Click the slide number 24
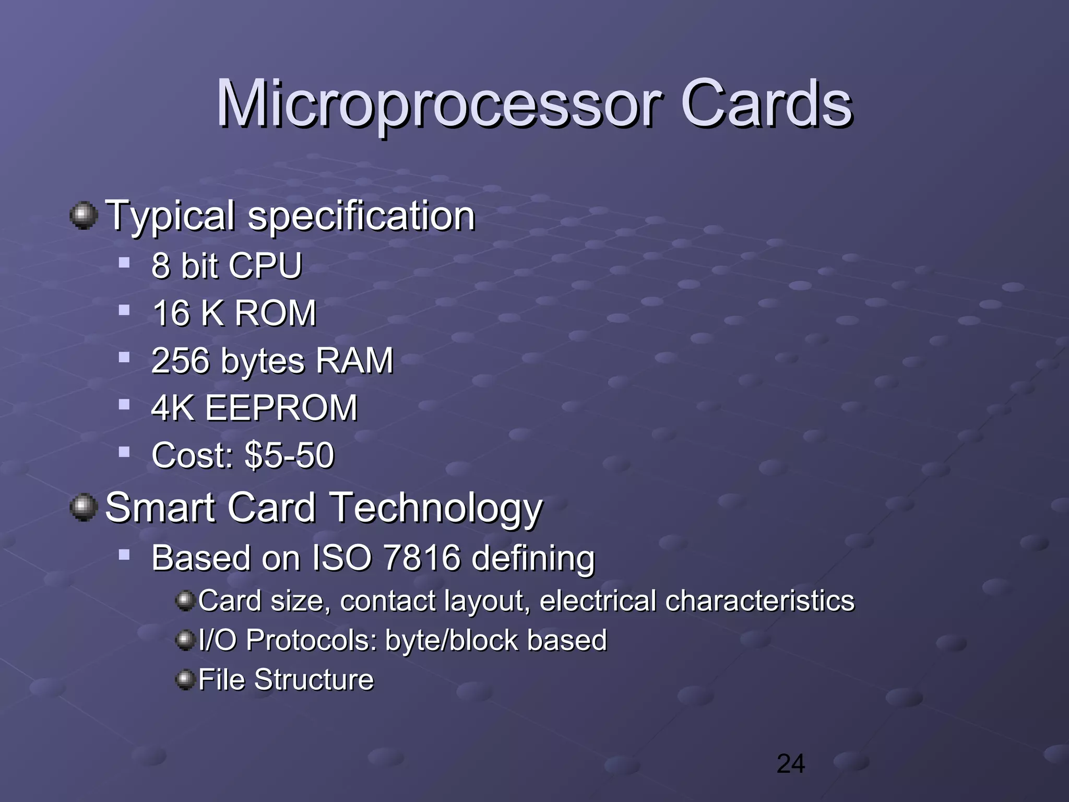point(790,764)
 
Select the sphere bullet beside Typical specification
point(84,216)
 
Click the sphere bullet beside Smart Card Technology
point(84,508)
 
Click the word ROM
point(275,313)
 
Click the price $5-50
point(289,455)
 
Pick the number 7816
point(422,558)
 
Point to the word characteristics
point(759,600)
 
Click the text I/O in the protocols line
point(217,640)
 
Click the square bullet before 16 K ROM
point(124,311)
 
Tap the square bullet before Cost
point(124,452)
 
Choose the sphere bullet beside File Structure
point(185,680)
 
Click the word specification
point(361,217)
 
